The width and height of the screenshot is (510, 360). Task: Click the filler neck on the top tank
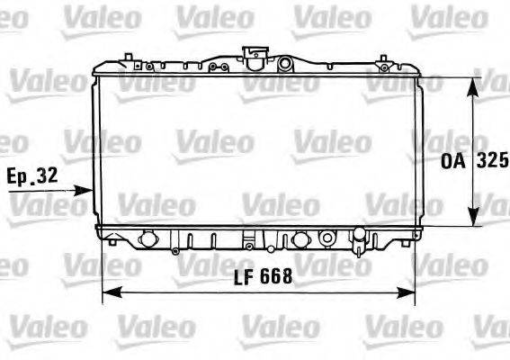pos(254,53)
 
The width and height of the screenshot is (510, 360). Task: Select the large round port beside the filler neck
pos(285,63)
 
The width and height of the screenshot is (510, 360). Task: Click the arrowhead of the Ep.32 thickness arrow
pos(87,190)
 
